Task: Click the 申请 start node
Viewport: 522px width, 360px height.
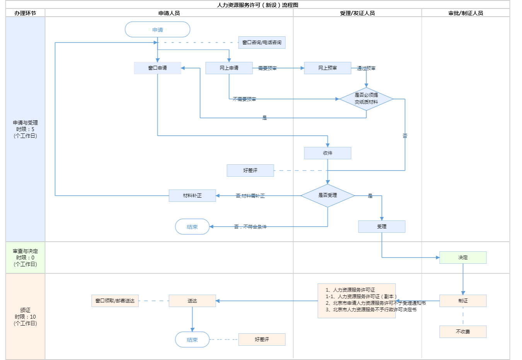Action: pyautogui.click(x=157, y=30)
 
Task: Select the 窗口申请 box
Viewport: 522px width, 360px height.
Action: pyautogui.click(x=157, y=68)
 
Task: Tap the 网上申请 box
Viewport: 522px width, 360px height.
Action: pyautogui.click(x=229, y=68)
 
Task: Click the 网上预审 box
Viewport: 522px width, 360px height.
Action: pyautogui.click(x=328, y=68)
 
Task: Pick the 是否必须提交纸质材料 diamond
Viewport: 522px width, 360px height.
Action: pyautogui.click(x=366, y=99)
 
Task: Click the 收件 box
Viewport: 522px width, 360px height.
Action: pyautogui.click(x=328, y=153)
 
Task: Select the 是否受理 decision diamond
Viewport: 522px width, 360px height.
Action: pyautogui.click(x=328, y=196)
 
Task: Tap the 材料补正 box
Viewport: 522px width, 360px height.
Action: pyautogui.click(x=192, y=196)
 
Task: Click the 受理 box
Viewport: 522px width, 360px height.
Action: pyautogui.click(x=382, y=227)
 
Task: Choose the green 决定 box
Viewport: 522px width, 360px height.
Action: pyautogui.click(x=463, y=258)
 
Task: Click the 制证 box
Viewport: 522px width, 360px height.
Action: pyautogui.click(x=463, y=301)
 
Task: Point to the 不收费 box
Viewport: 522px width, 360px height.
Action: pyautogui.click(x=463, y=332)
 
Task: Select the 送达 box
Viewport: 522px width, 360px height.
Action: pyautogui.click(x=192, y=301)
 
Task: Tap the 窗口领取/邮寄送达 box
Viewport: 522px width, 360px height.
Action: pyautogui.click(x=115, y=301)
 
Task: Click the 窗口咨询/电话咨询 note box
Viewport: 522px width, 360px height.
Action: pyautogui.click(x=262, y=43)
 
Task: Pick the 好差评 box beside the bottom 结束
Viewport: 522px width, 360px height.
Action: pyautogui.click(x=262, y=340)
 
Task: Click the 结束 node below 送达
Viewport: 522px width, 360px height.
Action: pyautogui.click(x=192, y=340)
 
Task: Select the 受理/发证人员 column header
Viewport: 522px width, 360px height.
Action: pyautogui.click(x=357, y=13)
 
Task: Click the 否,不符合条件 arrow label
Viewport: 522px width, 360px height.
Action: pyautogui.click(x=250, y=227)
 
